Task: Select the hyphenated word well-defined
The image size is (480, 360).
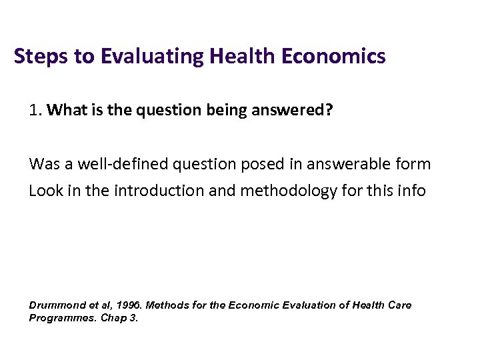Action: click(x=113, y=163)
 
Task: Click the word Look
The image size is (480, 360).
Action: click(x=45, y=191)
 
